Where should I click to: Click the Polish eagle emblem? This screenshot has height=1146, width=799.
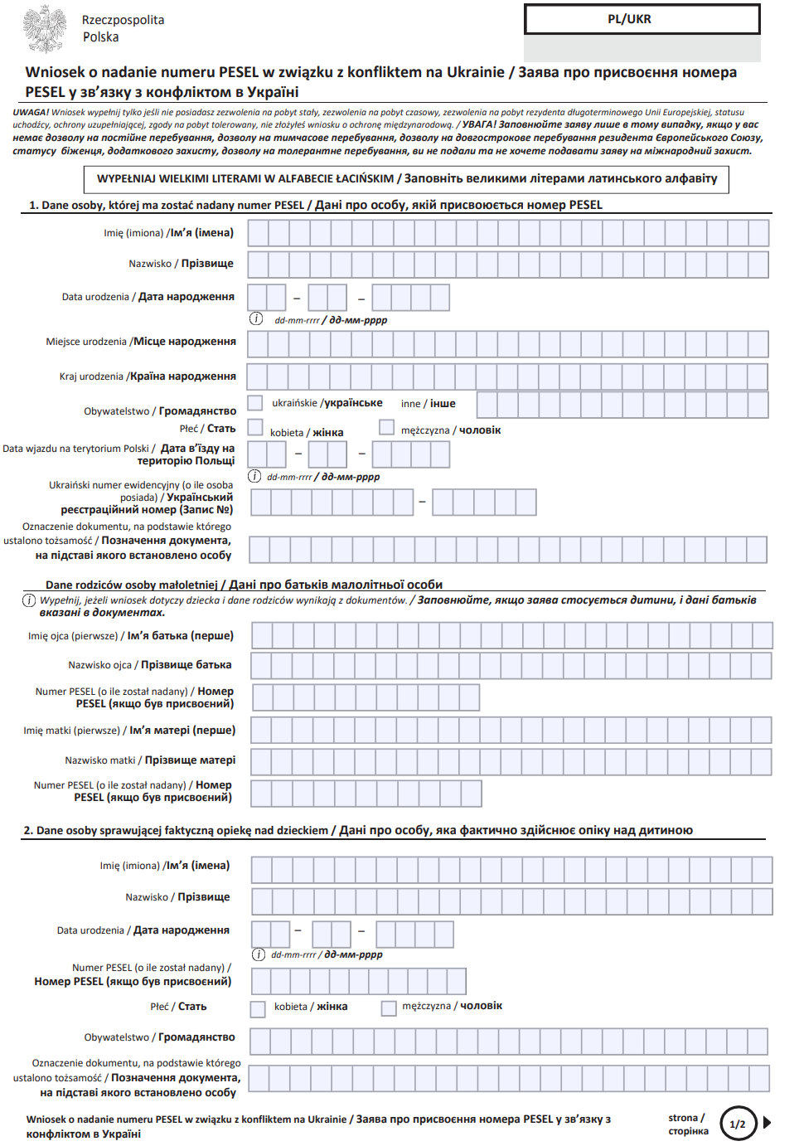pyautogui.click(x=44, y=28)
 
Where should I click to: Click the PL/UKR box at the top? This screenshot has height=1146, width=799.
pyautogui.click(x=642, y=20)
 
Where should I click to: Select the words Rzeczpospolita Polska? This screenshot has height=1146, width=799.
pyautogui.click(x=123, y=28)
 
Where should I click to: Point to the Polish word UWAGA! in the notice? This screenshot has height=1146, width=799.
pyautogui.click(x=31, y=112)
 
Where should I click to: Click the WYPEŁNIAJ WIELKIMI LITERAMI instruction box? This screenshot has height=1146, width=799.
pyautogui.click(x=406, y=179)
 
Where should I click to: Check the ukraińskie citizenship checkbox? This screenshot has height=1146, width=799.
pyautogui.click(x=256, y=403)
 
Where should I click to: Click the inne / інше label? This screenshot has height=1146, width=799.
pyautogui.click(x=428, y=404)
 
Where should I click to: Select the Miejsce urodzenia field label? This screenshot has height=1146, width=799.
pyautogui.click(x=141, y=342)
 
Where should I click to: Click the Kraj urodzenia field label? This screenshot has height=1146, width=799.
pyautogui.click(x=148, y=376)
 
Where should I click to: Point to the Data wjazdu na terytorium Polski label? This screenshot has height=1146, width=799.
pyautogui.click(x=119, y=454)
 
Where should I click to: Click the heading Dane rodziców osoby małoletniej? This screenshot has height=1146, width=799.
pyautogui.click(x=244, y=585)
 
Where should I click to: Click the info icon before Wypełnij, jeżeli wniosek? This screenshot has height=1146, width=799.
pyautogui.click(x=29, y=600)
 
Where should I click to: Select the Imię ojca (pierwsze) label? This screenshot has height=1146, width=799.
pyautogui.click(x=130, y=636)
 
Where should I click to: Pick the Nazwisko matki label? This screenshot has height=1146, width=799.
pyautogui.click(x=150, y=760)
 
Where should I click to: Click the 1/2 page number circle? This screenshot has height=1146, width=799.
pyautogui.click(x=738, y=1124)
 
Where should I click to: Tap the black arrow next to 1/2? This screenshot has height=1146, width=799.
pyautogui.click(x=768, y=1123)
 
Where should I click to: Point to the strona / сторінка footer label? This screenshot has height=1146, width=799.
pyautogui.click(x=688, y=1124)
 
